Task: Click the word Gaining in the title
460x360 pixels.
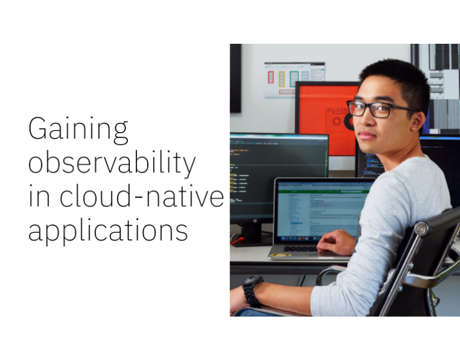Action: point(78,130)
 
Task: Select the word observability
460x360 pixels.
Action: point(112,163)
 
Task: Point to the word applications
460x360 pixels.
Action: point(108,230)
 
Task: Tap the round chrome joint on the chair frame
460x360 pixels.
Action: point(421,229)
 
